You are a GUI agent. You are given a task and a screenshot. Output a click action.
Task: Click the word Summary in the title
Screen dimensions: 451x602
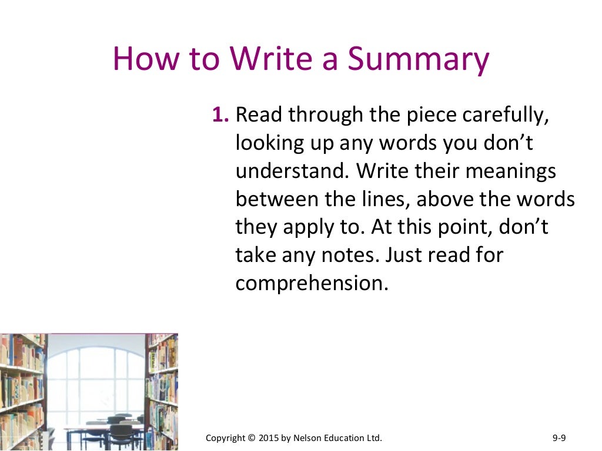tap(418, 60)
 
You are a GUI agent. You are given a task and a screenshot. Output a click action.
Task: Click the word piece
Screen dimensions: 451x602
tap(432, 116)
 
